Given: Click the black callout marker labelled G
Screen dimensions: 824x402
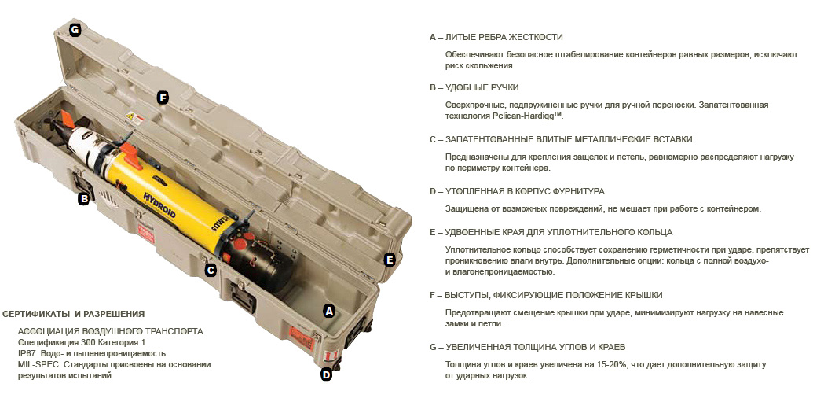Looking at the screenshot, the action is click(x=75, y=30).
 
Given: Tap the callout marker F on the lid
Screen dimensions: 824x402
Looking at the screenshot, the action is click(x=163, y=98).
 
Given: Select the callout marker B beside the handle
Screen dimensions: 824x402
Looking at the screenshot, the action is click(x=83, y=199).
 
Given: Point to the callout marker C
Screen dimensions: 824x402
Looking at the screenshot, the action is click(x=211, y=271).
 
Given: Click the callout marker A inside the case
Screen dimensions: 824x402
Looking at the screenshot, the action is click(x=329, y=311).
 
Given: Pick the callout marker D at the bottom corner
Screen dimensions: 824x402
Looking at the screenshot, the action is click(x=326, y=375).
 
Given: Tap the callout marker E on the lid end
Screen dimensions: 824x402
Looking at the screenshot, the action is click(x=390, y=260).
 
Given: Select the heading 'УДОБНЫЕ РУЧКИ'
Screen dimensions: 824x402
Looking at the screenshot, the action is click(x=482, y=87).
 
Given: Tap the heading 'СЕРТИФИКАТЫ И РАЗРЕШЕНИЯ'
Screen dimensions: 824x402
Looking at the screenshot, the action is click(x=74, y=314).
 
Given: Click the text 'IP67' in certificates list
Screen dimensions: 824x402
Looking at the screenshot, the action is click(x=26, y=353).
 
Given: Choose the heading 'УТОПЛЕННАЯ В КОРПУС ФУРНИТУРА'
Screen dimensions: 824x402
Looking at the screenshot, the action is click(x=525, y=191).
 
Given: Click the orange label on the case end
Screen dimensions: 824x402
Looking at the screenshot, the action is click(x=302, y=337).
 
